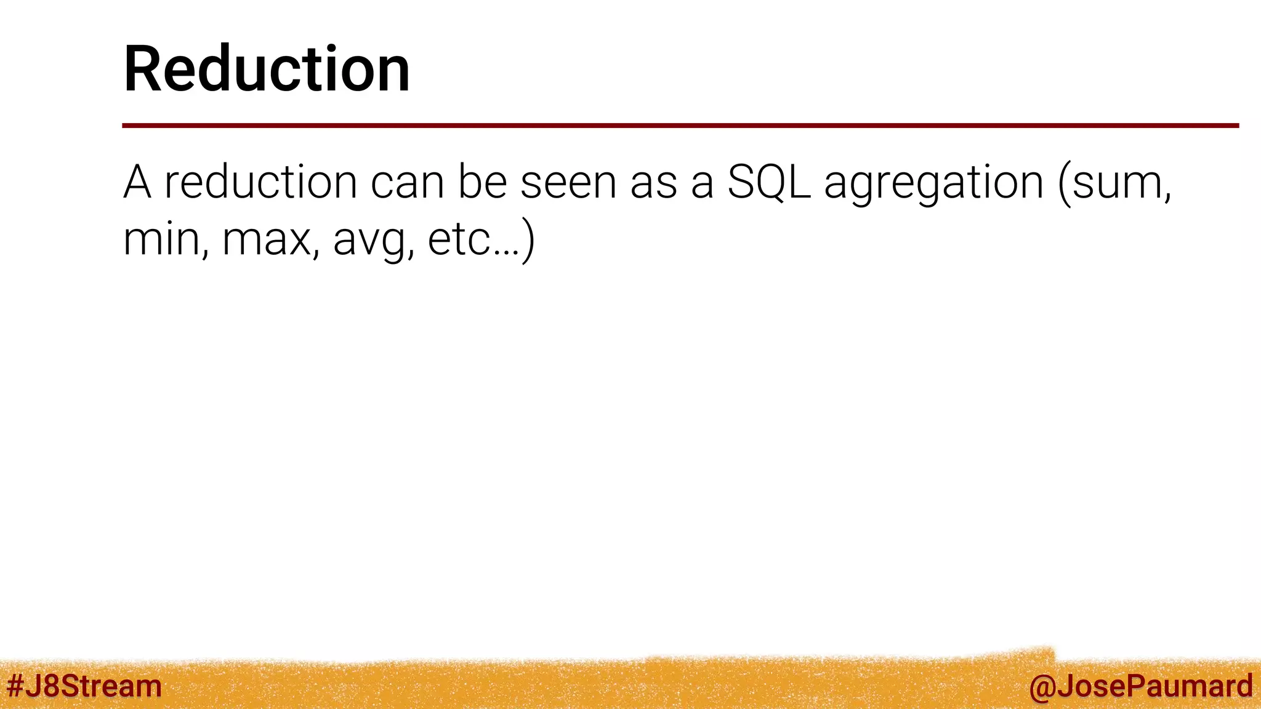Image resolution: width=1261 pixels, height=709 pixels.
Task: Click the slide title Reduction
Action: tap(267, 69)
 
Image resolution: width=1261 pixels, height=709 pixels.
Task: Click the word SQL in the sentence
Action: tap(769, 182)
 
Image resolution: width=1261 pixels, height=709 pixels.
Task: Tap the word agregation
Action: tap(933, 183)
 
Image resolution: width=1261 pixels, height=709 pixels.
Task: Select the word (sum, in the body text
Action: tap(1114, 183)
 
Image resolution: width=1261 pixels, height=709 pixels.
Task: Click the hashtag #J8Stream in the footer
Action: tap(84, 686)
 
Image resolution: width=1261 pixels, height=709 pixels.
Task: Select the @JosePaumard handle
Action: tap(1140, 686)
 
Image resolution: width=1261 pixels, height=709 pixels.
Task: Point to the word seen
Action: tap(568, 183)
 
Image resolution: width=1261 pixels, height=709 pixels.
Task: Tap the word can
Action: tap(407, 183)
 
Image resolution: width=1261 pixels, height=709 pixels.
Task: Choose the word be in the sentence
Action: tap(482, 182)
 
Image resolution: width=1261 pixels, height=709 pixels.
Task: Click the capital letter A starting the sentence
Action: tap(137, 182)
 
